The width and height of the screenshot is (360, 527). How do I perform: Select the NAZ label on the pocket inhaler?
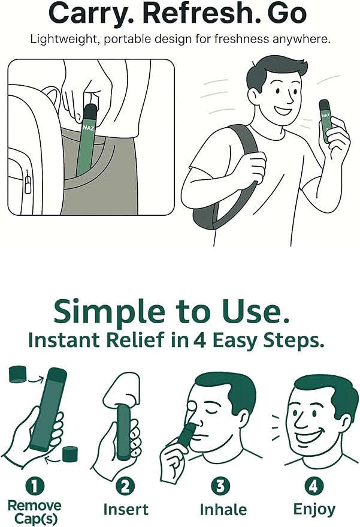89,128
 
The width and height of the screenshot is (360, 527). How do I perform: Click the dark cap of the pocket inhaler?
90,112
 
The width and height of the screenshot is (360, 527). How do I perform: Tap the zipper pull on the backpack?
28,183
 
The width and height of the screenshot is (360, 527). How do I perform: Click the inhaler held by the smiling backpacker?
325,121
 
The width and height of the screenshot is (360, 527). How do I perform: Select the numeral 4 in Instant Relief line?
199,340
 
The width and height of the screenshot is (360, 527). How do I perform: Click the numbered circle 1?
35,486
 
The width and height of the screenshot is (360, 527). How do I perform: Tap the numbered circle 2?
125,486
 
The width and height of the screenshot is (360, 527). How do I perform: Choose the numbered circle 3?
220,486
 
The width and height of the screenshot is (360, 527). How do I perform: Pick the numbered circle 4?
313,486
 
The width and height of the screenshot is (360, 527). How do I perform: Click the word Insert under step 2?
126,510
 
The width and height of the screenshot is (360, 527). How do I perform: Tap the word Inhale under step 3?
223,510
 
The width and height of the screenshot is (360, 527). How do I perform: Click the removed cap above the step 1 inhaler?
18,375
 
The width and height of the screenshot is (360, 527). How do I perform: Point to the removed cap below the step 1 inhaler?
70,454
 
